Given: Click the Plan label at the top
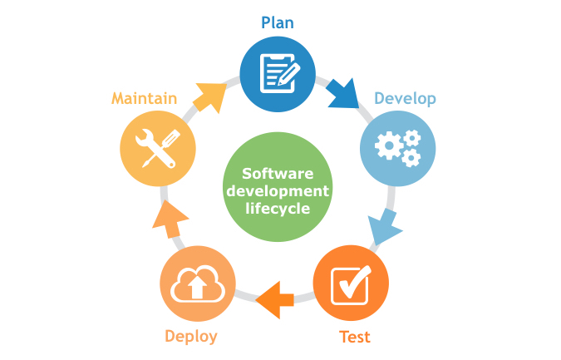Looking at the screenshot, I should [278, 22].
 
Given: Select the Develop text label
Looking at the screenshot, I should [405, 98].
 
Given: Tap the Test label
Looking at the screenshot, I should [355, 337].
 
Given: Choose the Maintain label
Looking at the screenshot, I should [144, 98].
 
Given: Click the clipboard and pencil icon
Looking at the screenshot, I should [278, 74].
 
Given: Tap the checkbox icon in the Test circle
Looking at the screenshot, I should [351, 284].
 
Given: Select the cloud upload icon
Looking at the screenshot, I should [197, 286].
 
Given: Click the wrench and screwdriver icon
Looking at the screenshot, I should [158, 148].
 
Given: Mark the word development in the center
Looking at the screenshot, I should [277, 190].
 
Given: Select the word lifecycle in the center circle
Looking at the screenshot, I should [277, 208].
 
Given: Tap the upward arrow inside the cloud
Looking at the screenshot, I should [197, 288].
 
